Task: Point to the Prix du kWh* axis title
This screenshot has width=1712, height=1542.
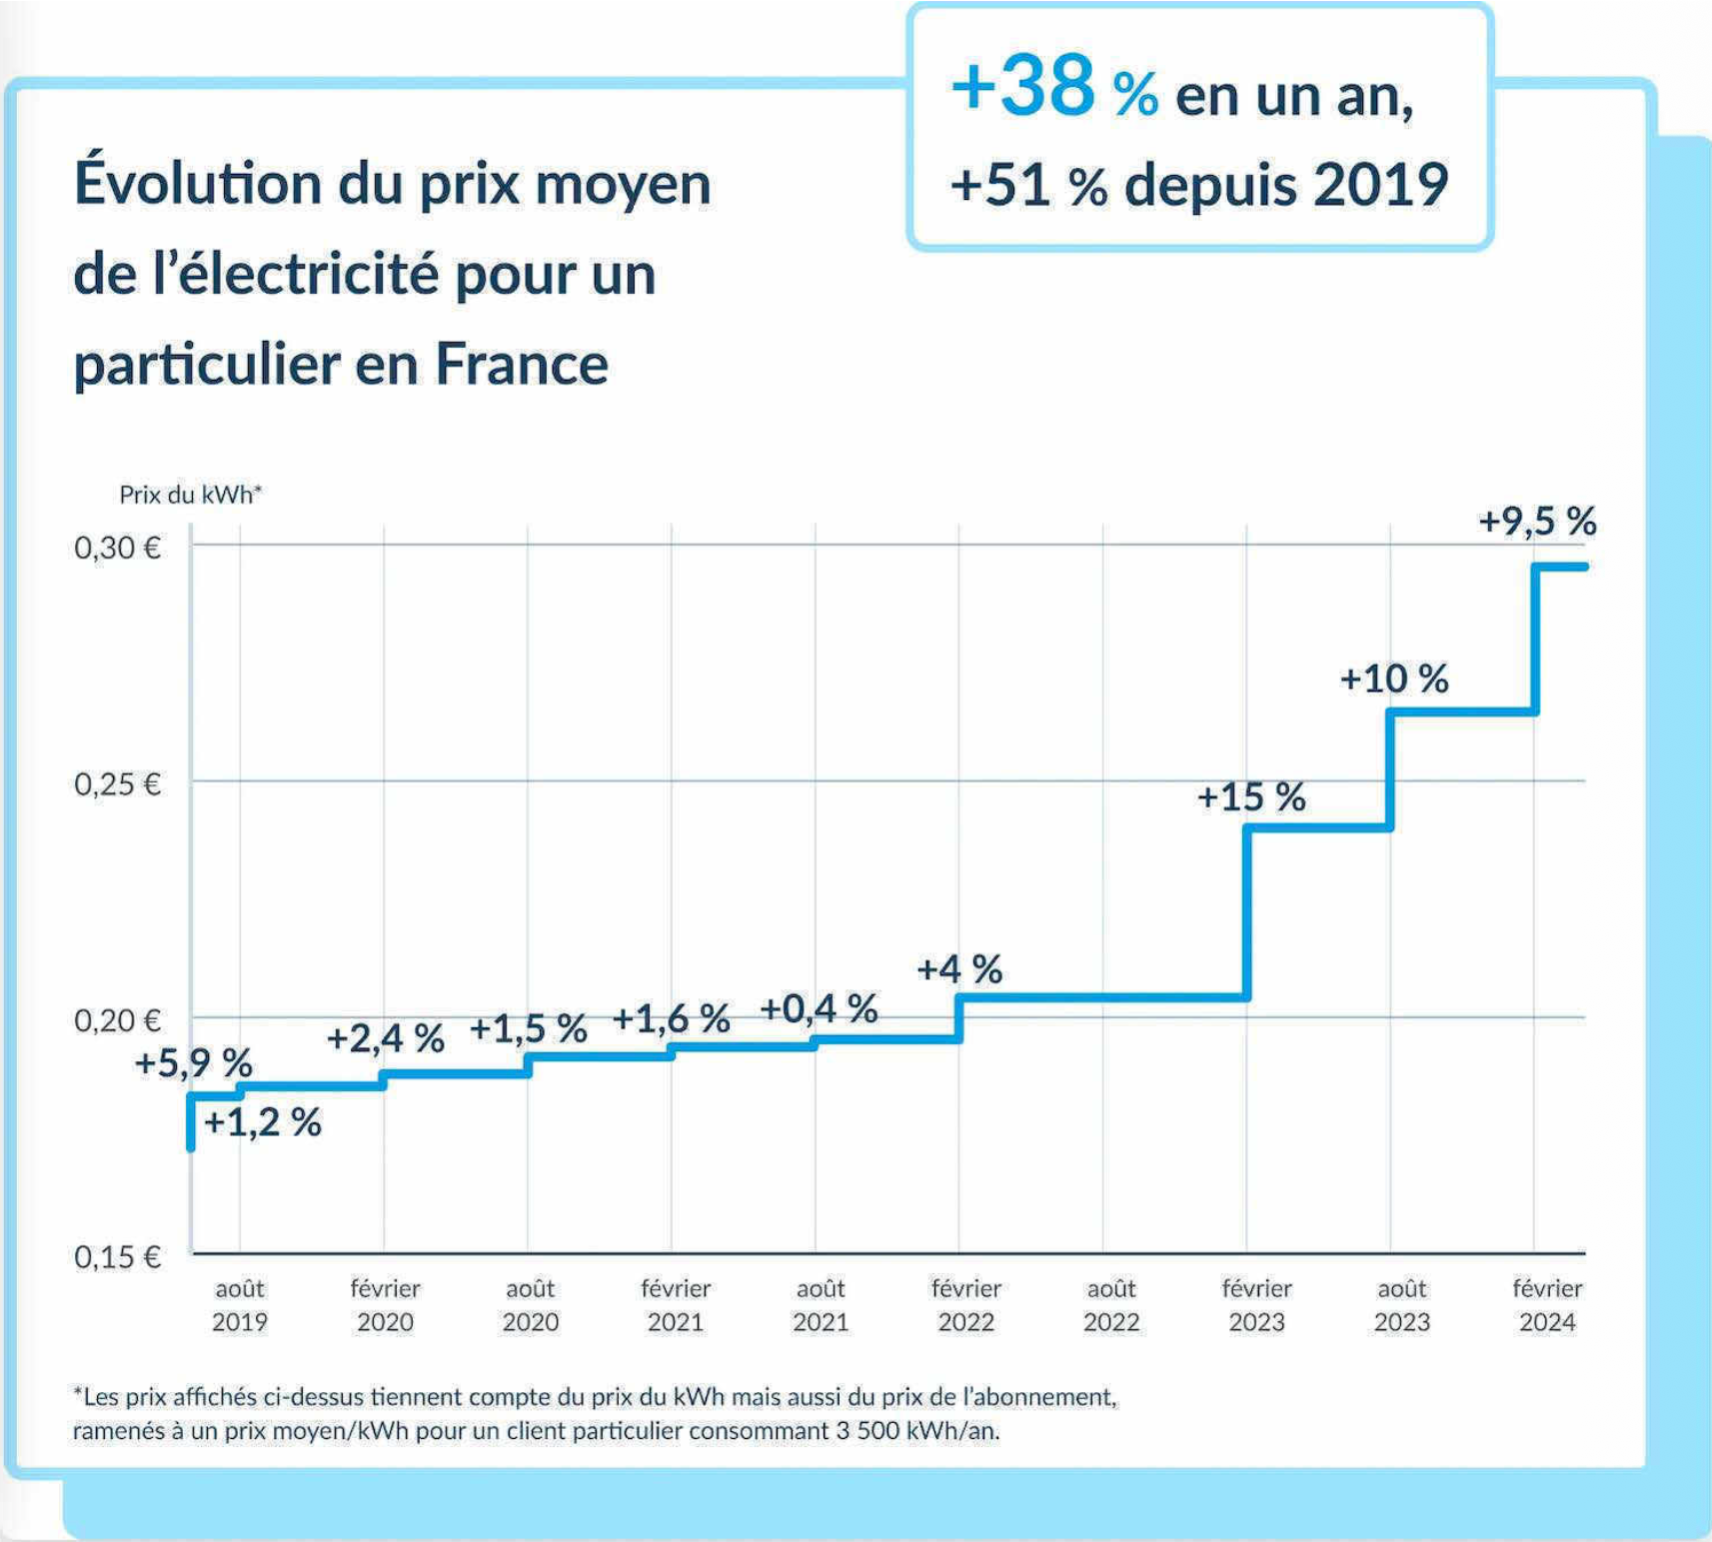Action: (x=190, y=495)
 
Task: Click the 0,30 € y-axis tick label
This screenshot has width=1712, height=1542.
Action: (x=117, y=548)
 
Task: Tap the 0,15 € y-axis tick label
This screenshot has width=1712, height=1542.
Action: (x=117, y=1256)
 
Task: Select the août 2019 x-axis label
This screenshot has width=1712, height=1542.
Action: (x=240, y=1305)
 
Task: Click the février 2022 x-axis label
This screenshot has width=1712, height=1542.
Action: (x=965, y=1305)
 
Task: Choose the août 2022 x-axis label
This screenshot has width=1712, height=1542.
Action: (x=1111, y=1305)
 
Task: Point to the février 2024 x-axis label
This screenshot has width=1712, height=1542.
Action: (x=1547, y=1305)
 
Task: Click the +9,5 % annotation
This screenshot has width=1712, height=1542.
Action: (x=1537, y=522)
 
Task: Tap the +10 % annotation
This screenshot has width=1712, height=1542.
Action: (x=1393, y=680)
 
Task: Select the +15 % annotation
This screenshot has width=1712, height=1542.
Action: (x=1251, y=797)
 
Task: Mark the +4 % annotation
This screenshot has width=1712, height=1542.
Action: (x=959, y=969)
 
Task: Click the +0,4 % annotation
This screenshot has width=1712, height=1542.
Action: (x=819, y=1009)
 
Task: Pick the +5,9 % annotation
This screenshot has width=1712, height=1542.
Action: (x=193, y=1063)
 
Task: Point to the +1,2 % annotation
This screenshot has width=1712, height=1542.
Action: (x=262, y=1123)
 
